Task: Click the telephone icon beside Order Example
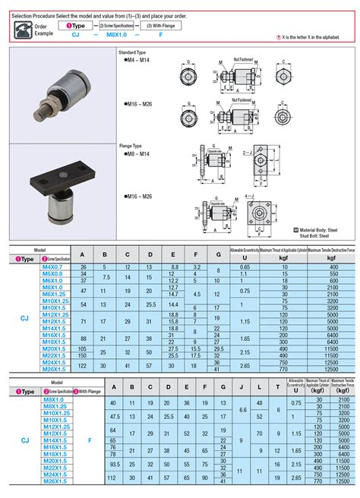pos(20,29)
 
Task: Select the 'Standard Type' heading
pos(133,52)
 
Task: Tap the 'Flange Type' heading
pos(131,144)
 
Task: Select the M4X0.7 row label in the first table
pos(52,267)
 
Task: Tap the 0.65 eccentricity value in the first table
pos(245,267)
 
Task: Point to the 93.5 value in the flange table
pos(113,462)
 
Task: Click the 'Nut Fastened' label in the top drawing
pos(242,58)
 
